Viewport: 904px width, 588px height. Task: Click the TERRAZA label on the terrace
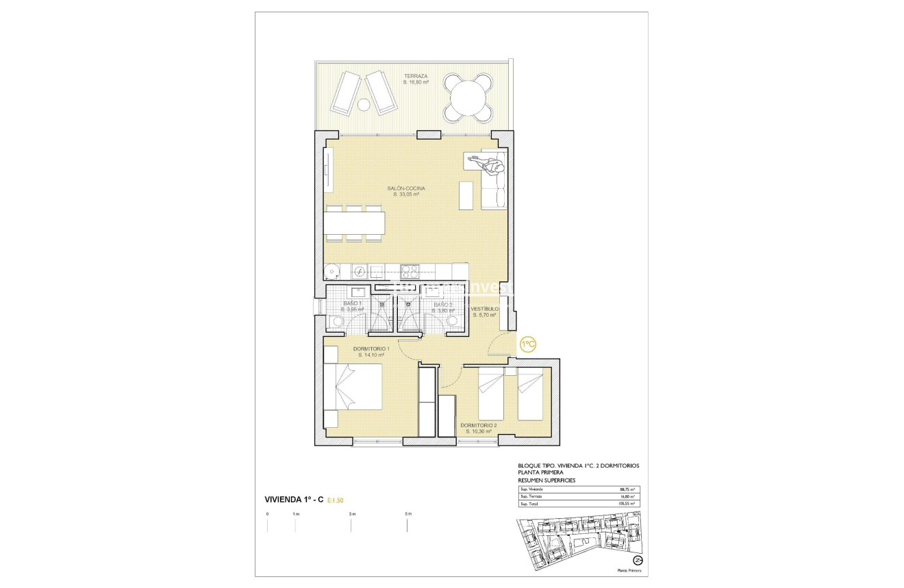[x=416, y=76]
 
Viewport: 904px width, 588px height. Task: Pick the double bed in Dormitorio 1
[x=353, y=387]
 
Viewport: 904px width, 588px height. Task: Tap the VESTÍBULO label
[x=485, y=309]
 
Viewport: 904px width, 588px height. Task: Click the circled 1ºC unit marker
[x=527, y=344]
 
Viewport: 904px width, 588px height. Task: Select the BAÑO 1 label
[x=352, y=304]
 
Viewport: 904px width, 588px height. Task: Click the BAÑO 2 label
[x=442, y=305]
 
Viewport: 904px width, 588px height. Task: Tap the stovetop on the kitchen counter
[x=410, y=272]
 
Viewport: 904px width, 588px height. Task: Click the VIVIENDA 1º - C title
[x=294, y=500]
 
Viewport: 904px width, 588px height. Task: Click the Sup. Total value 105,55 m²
[x=627, y=504]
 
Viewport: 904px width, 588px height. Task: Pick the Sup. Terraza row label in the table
[x=531, y=497]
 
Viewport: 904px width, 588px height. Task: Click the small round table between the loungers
[x=364, y=105]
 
